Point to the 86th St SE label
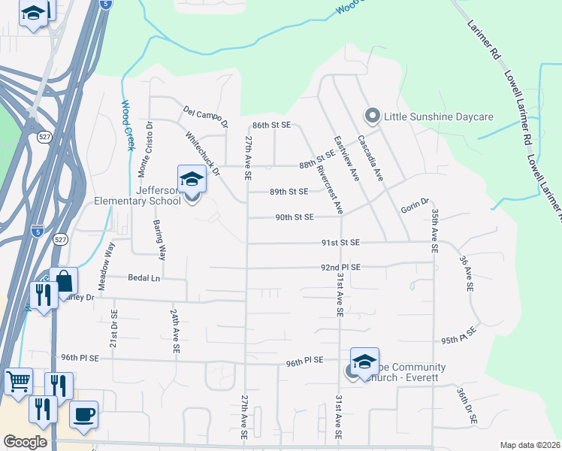(271, 126)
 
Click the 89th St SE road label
(289, 192)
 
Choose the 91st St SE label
(341, 243)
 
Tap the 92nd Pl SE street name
(341, 267)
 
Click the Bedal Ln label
(145, 278)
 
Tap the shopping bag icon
(65, 281)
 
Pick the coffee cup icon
(83, 413)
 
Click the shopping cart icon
(18, 380)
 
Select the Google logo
(26, 442)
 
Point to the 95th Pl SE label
(460, 335)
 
